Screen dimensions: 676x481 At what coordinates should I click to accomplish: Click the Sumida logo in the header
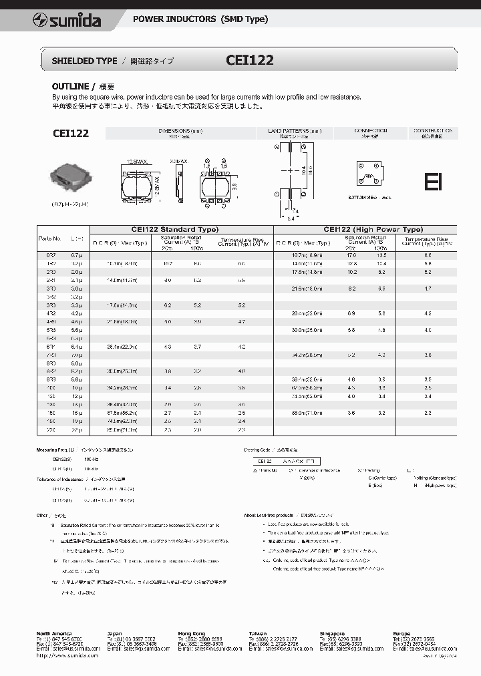(66, 20)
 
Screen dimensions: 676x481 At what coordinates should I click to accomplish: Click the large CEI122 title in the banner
(250, 59)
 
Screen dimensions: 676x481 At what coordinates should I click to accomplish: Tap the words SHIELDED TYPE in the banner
(84, 61)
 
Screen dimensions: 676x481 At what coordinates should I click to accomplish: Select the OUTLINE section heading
(70, 87)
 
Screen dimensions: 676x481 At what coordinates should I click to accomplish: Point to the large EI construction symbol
(433, 182)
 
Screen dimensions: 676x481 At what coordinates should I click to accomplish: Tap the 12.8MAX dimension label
(138, 161)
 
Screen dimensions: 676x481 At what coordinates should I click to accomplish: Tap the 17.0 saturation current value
(351, 256)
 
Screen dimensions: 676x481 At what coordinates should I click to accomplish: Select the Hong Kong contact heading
(190, 633)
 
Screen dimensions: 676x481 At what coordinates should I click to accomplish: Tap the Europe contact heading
(402, 633)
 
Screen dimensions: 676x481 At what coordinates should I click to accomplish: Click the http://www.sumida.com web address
(67, 655)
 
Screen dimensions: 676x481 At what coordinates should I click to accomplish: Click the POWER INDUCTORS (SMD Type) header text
(200, 19)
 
